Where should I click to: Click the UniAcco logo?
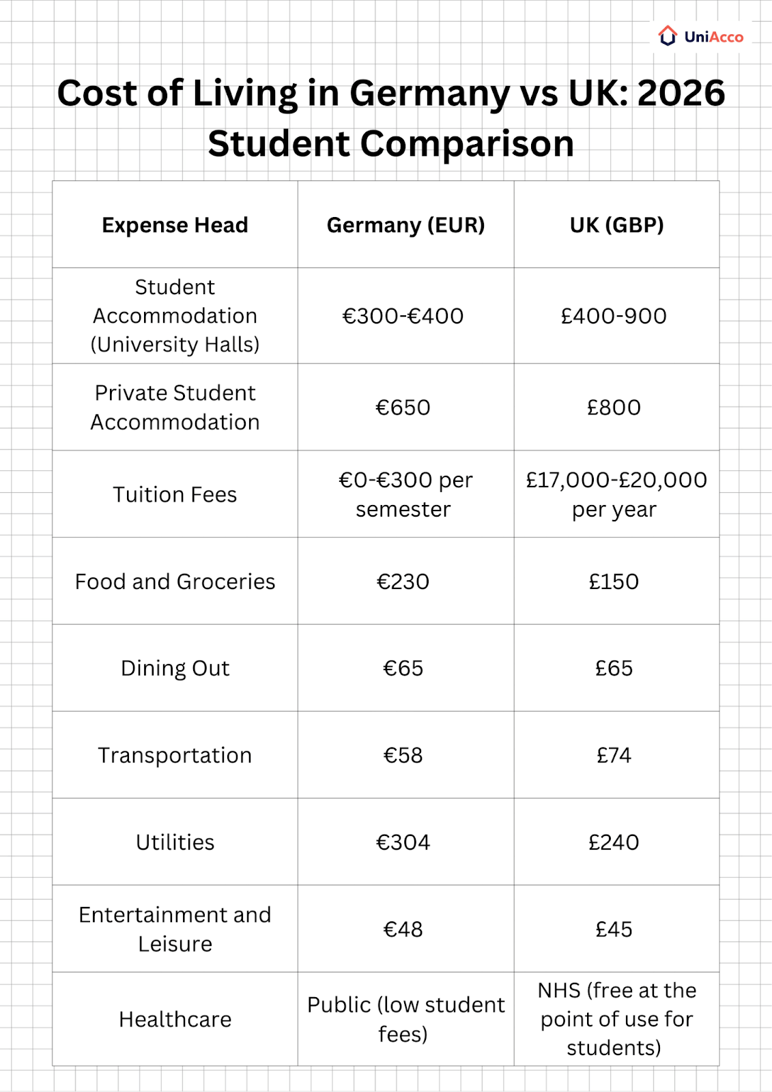pyautogui.click(x=701, y=36)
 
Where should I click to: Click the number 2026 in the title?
pyautogui.click(x=681, y=94)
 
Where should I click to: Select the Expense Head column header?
pyautogui.click(x=175, y=225)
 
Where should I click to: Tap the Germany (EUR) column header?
pyautogui.click(x=405, y=225)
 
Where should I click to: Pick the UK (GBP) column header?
pyautogui.click(x=616, y=225)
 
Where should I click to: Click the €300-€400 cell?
pyautogui.click(x=403, y=316)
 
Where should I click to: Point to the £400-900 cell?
pyautogui.click(x=614, y=316)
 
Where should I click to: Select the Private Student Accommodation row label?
pyautogui.click(x=175, y=407)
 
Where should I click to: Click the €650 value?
pyautogui.click(x=403, y=407)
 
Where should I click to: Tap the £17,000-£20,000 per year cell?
pyautogui.click(x=616, y=494)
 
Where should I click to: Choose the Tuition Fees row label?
pyautogui.click(x=175, y=494)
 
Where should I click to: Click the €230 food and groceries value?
pyautogui.click(x=403, y=581)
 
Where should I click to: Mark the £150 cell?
pyautogui.click(x=614, y=581)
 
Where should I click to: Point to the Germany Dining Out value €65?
pyautogui.click(x=403, y=668)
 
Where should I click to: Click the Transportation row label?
pyautogui.click(x=175, y=756)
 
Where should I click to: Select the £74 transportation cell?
pyautogui.click(x=614, y=756)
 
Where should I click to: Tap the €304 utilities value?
pyautogui.click(x=403, y=842)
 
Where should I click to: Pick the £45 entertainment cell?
pyautogui.click(x=614, y=930)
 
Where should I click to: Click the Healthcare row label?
pyautogui.click(x=175, y=1019)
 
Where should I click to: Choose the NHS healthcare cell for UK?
pyautogui.click(x=616, y=1019)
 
